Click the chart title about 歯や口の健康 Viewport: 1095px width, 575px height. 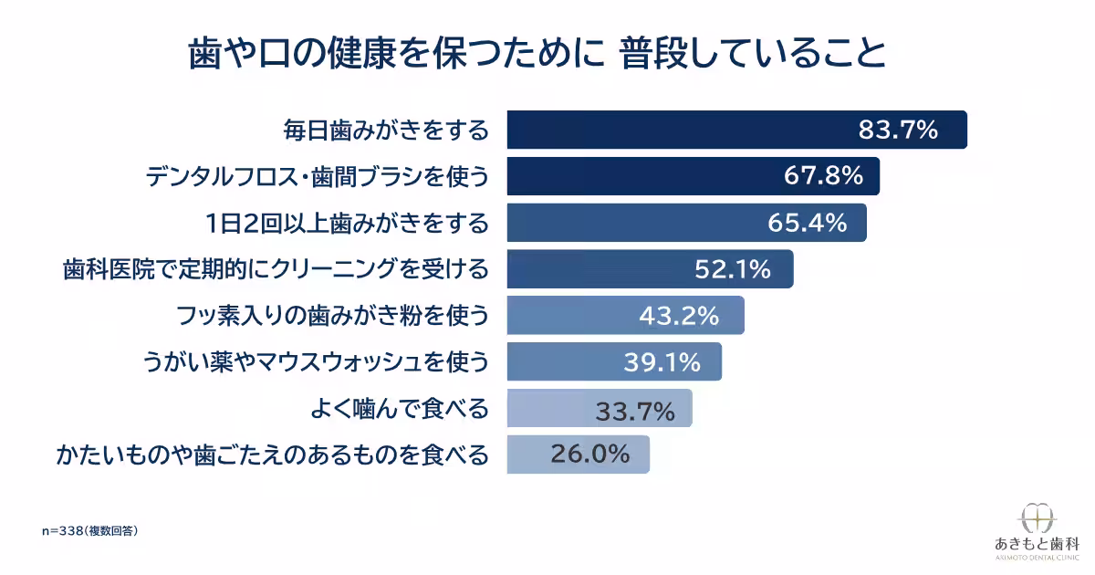(537, 53)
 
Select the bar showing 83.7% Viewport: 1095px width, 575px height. (736, 130)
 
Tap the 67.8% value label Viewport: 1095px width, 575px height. (824, 175)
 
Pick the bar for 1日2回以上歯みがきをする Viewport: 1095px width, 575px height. (687, 223)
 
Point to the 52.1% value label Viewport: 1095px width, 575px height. (733, 269)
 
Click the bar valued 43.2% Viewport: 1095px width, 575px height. (626, 315)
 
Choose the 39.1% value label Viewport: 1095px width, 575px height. (662, 362)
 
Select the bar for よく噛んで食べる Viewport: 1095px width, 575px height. (600, 408)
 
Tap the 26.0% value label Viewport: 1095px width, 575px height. (590, 455)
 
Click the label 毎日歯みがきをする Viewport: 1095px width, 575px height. (386, 130)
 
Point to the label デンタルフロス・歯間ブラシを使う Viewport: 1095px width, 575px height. (318, 176)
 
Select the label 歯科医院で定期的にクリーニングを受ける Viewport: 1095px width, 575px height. (276, 269)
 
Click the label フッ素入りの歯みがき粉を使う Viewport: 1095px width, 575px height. (332, 316)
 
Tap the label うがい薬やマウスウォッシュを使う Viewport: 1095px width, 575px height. (316, 362)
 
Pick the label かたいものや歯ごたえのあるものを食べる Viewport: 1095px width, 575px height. (272, 455)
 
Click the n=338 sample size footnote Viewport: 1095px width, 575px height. (90, 531)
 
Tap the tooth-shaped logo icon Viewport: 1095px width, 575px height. (1037, 518)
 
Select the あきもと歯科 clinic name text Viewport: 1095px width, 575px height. (1037, 544)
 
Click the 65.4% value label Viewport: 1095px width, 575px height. (808, 223)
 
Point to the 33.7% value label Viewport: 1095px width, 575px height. (635, 411)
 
